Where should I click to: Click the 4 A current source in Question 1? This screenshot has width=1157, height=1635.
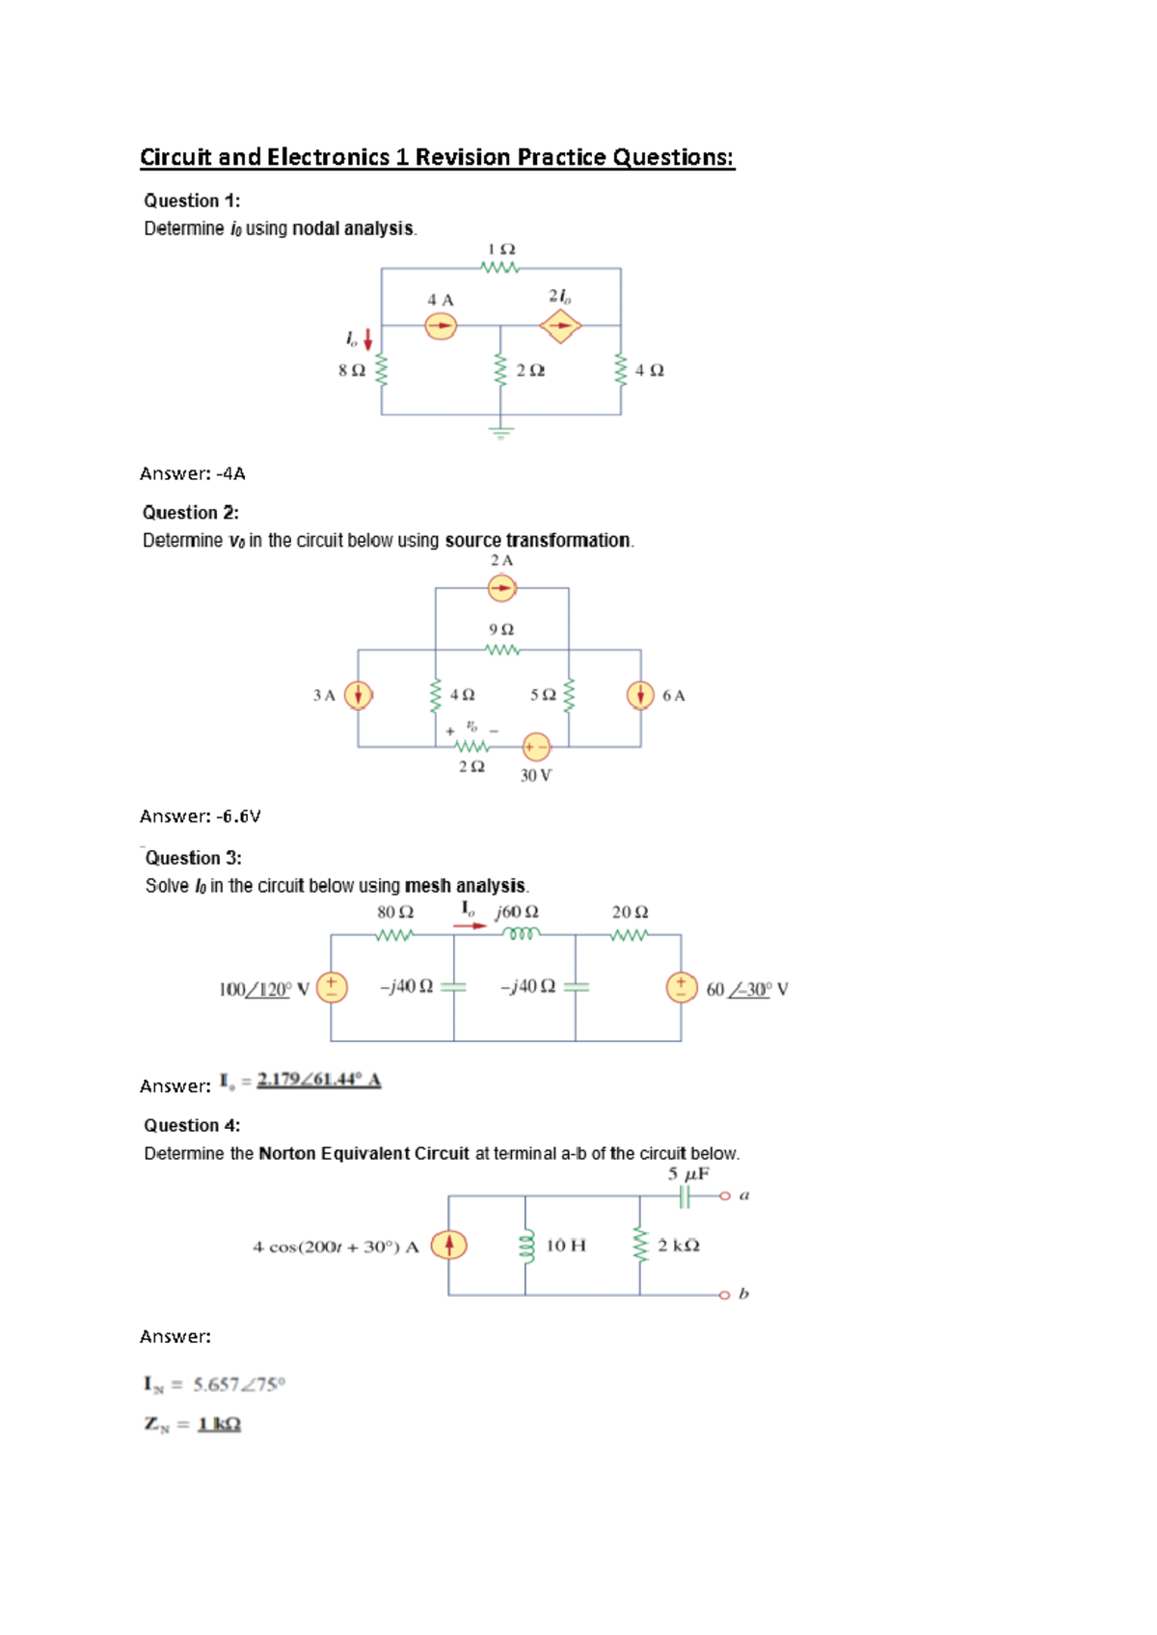pos(441,327)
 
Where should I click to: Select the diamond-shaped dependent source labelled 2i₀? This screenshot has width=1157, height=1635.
pos(560,327)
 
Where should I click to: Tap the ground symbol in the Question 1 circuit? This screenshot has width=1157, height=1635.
pos(500,433)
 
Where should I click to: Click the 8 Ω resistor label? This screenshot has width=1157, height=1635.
pos(352,370)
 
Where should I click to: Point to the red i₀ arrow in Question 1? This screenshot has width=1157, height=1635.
pos(367,338)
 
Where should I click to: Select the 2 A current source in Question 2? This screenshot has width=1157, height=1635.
pos(501,587)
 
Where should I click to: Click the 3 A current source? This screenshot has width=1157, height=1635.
pos(359,695)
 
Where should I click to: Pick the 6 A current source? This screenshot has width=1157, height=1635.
pos(640,695)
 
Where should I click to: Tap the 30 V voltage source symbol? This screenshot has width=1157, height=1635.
pos(536,747)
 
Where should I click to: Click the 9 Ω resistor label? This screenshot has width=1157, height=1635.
pos(501,630)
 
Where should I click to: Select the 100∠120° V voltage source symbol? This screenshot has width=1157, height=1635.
pos(332,987)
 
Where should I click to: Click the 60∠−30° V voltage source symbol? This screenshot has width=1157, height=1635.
pos(682,987)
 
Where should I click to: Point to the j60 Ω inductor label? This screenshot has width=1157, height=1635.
pos(517,912)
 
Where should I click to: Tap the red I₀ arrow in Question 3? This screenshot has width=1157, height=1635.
pos(470,925)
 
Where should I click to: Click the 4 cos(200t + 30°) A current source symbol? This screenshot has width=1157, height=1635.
pos(448,1246)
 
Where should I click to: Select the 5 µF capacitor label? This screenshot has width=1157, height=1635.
pos(688,1174)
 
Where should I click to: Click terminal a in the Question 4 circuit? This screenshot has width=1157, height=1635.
pos(725,1196)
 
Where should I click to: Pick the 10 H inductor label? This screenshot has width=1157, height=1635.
pos(566,1246)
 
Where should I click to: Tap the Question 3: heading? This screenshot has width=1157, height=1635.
pos(193,858)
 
